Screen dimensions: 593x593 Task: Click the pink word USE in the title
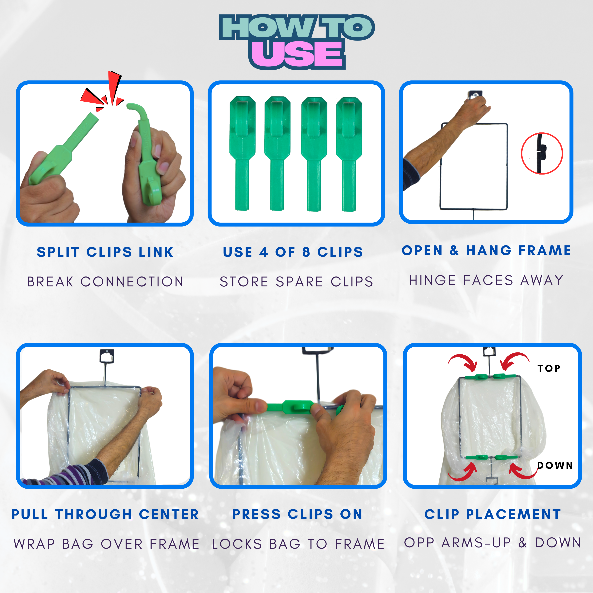pyautogui.click(x=297, y=54)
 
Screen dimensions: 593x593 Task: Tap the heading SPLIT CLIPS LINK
pyautogui.click(x=105, y=252)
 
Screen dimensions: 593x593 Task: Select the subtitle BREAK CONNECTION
pyautogui.click(x=105, y=281)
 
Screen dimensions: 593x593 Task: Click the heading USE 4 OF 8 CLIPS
pyautogui.click(x=293, y=252)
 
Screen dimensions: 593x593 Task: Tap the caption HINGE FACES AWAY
pyautogui.click(x=486, y=280)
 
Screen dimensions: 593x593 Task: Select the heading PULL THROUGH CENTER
pyautogui.click(x=105, y=514)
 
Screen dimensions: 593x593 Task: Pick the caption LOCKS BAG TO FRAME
pyautogui.click(x=298, y=544)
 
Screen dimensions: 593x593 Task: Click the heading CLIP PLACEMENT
pyautogui.click(x=493, y=514)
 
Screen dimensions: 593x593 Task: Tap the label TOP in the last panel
pyautogui.click(x=549, y=368)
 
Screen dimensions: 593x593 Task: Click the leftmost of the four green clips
pyautogui.click(x=243, y=153)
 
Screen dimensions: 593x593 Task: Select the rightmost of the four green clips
pyautogui.click(x=349, y=154)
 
